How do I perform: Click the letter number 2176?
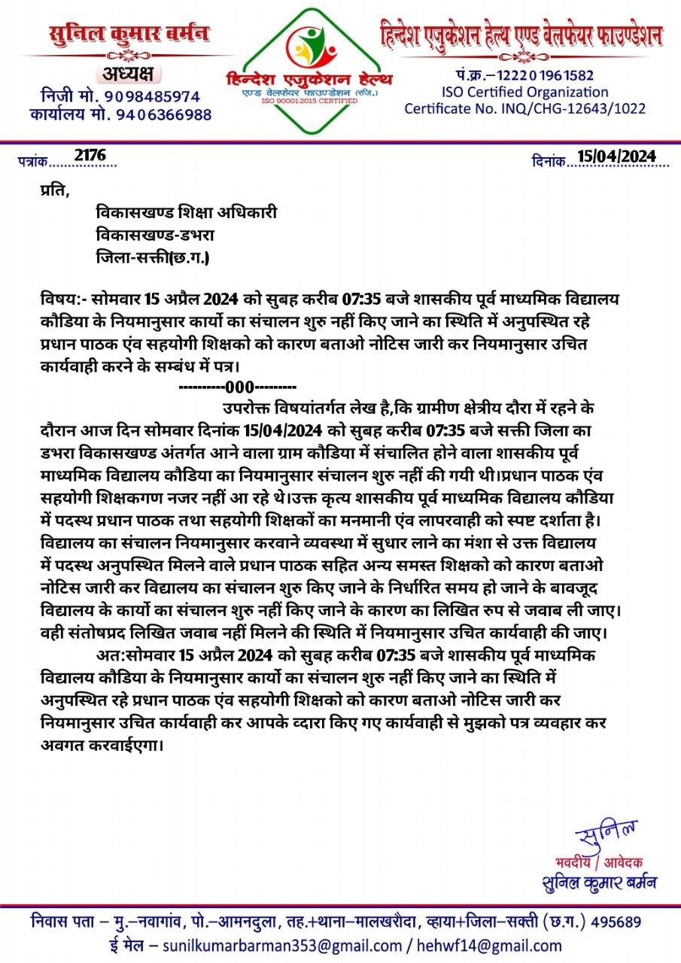pyautogui.click(x=90, y=155)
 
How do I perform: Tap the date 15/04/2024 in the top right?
pyautogui.click(x=617, y=156)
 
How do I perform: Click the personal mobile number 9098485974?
pyautogui.click(x=152, y=96)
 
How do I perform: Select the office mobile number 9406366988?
pyautogui.click(x=162, y=114)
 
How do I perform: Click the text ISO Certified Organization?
pyautogui.click(x=524, y=92)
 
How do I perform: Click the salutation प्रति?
pyautogui.click(x=54, y=190)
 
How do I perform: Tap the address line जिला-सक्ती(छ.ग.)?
pyautogui.click(x=154, y=257)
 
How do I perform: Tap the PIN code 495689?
pyautogui.click(x=617, y=922)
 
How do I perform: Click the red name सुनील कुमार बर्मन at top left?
pyautogui.click(x=129, y=34)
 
